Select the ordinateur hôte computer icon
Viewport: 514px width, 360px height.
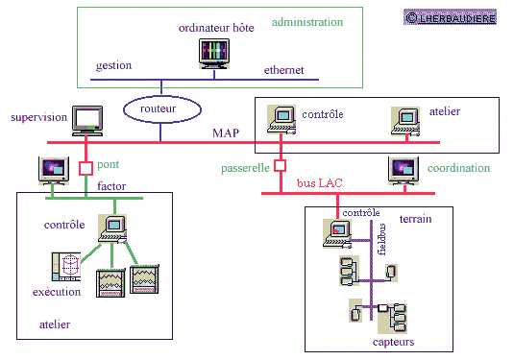pyautogui.click(x=214, y=54)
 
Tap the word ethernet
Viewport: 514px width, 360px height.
pyautogui.click(x=283, y=70)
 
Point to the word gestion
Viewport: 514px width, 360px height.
pyautogui.click(x=113, y=66)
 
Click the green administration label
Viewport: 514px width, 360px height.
pyautogui.click(x=307, y=22)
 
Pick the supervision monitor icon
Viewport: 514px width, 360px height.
pyautogui.click(x=87, y=121)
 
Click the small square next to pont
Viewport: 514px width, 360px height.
pyautogui.click(x=86, y=168)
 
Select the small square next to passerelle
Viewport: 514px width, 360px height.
pyautogui.click(x=280, y=166)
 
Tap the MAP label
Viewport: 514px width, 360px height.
pyautogui.click(x=226, y=133)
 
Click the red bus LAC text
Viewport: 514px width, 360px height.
pyautogui.click(x=320, y=182)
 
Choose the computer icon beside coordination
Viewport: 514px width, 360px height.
pyautogui.click(x=404, y=171)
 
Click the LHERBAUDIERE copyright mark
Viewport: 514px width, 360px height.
pyautogui.click(x=450, y=17)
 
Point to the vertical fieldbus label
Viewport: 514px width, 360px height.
pyautogui.click(x=381, y=239)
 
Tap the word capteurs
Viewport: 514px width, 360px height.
pyautogui.click(x=393, y=342)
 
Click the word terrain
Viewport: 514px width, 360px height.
pyautogui.click(x=416, y=219)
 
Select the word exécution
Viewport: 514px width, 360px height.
pyautogui.click(x=57, y=292)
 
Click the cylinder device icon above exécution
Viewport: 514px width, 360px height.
pyautogui.click(x=66, y=267)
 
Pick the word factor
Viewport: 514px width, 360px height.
pyautogui.click(x=111, y=186)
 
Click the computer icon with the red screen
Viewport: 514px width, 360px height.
pyautogui.click(x=337, y=233)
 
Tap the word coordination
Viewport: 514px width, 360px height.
pyautogui.click(x=458, y=168)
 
